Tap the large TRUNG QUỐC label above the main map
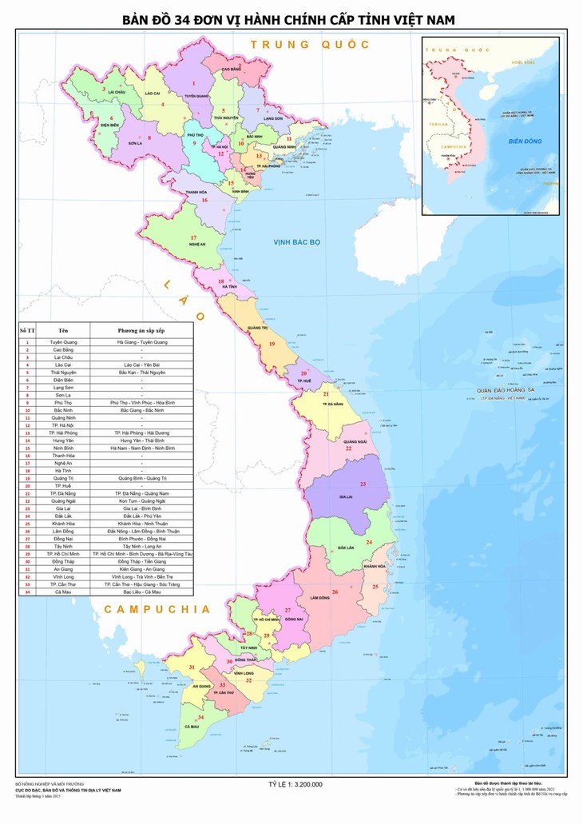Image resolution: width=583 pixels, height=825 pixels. click(x=310, y=45)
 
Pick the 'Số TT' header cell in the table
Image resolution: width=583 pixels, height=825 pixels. click(x=27, y=329)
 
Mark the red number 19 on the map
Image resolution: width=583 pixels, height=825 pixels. click(x=272, y=344)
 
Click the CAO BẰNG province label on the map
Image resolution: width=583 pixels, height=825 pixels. click(x=231, y=70)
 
